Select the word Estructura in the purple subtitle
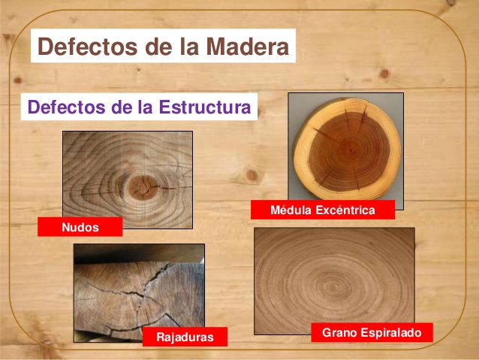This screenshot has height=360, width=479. (204, 107)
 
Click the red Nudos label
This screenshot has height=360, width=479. (80, 227)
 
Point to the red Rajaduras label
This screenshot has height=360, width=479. (184, 337)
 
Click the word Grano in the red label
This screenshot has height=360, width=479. (339, 331)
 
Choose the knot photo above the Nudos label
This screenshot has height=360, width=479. (127, 179)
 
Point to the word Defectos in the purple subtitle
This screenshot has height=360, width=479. (65, 107)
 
